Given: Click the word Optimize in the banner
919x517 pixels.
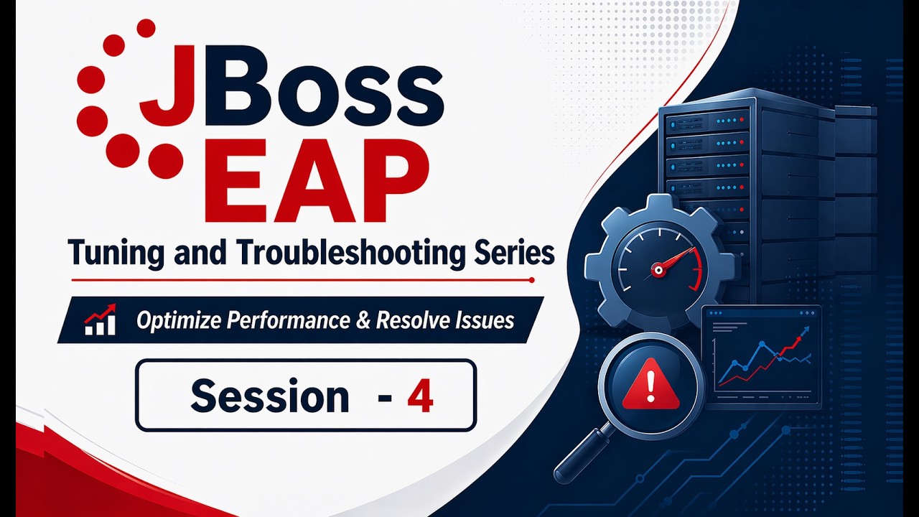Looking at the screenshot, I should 179,320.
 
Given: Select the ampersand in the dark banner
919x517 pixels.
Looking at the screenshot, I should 364,320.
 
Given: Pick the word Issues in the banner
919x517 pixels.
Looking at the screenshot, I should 483,320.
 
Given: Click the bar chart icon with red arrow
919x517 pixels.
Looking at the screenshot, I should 100,320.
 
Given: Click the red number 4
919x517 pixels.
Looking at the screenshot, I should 420,396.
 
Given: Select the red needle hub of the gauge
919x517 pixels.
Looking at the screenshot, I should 656,271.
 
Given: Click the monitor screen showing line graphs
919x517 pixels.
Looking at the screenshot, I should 761,357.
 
